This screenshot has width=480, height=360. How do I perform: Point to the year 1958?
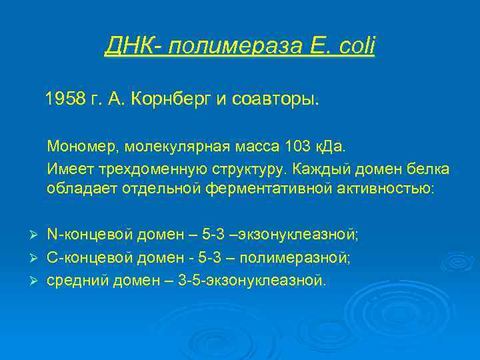tap(66, 100)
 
